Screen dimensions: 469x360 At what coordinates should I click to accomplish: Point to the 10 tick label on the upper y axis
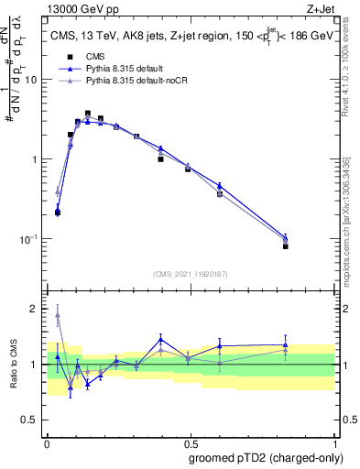(x=31, y=80)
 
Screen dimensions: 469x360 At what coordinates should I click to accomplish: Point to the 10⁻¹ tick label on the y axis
(x=28, y=239)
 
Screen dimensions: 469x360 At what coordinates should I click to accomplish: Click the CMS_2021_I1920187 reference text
(x=191, y=274)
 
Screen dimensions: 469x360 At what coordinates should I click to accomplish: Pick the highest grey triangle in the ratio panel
(x=58, y=315)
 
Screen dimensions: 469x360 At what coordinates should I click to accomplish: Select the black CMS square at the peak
(x=88, y=115)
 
